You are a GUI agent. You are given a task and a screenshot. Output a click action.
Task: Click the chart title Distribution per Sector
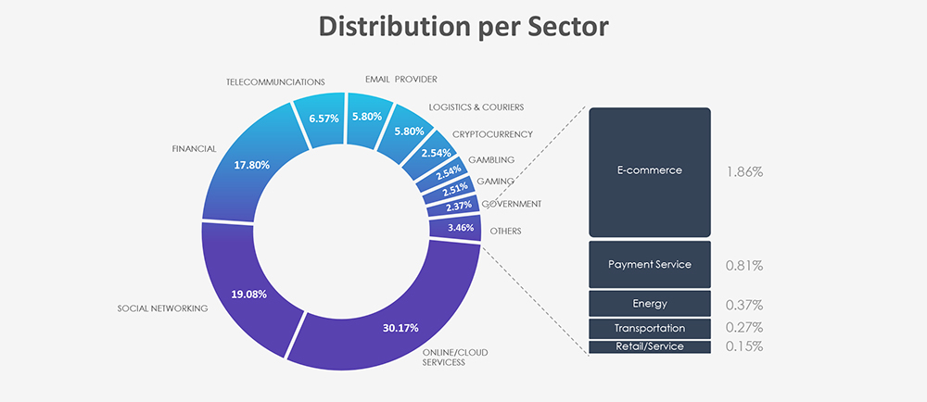(x=463, y=28)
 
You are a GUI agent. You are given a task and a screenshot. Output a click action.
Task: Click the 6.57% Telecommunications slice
(x=323, y=118)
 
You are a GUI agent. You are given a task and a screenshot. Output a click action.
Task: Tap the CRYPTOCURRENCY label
(x=492, y=134)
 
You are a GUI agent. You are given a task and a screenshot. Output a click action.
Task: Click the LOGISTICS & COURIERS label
(x=476, y=107)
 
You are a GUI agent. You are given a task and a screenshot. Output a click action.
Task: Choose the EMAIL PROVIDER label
(x=400, y=79)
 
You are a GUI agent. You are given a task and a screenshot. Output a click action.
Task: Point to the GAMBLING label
(x=491, y=160)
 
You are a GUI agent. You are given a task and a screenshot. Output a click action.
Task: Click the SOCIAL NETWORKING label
(x=162, y=308)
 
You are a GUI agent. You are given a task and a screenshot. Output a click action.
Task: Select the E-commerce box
(x=650, y=171)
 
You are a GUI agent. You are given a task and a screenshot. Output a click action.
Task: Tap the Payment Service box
(x=650, y=264)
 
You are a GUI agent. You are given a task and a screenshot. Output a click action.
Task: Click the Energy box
(x=650, y=304)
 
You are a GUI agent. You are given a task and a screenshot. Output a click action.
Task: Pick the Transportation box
(x=650, y=328)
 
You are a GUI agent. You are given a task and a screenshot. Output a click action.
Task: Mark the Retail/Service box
(x=650, y=346)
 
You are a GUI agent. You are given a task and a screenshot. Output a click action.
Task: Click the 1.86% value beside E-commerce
(x=744, y=172)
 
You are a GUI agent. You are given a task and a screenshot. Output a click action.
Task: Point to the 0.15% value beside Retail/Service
(x=744, y=346)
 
